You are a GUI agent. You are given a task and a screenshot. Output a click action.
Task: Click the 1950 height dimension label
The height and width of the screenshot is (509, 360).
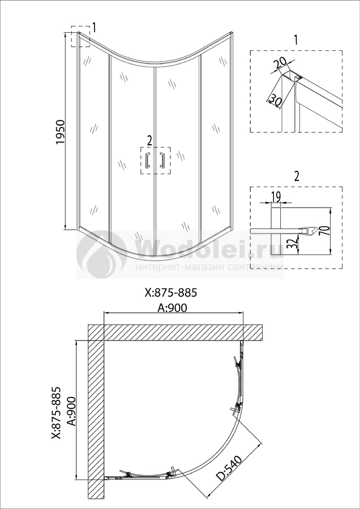point(61,132)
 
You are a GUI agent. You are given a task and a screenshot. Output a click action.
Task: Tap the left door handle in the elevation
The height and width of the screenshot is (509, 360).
point(148,159)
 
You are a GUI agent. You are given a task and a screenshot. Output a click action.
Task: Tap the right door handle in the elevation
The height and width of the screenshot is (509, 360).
point(162,159)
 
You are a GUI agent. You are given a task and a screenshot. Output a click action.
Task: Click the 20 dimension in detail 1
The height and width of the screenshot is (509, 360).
point(280,63)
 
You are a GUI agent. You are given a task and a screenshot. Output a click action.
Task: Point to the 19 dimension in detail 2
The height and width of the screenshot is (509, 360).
point(276,196)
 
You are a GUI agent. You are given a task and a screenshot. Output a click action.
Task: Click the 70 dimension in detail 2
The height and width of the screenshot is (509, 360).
point(326,231)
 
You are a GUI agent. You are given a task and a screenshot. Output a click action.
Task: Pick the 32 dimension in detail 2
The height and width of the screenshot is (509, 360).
point(292,243)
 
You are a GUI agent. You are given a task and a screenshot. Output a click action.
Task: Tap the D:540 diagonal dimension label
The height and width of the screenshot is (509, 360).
point(230,468)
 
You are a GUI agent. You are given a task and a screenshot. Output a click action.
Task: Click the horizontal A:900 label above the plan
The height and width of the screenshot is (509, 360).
point(172,308)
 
